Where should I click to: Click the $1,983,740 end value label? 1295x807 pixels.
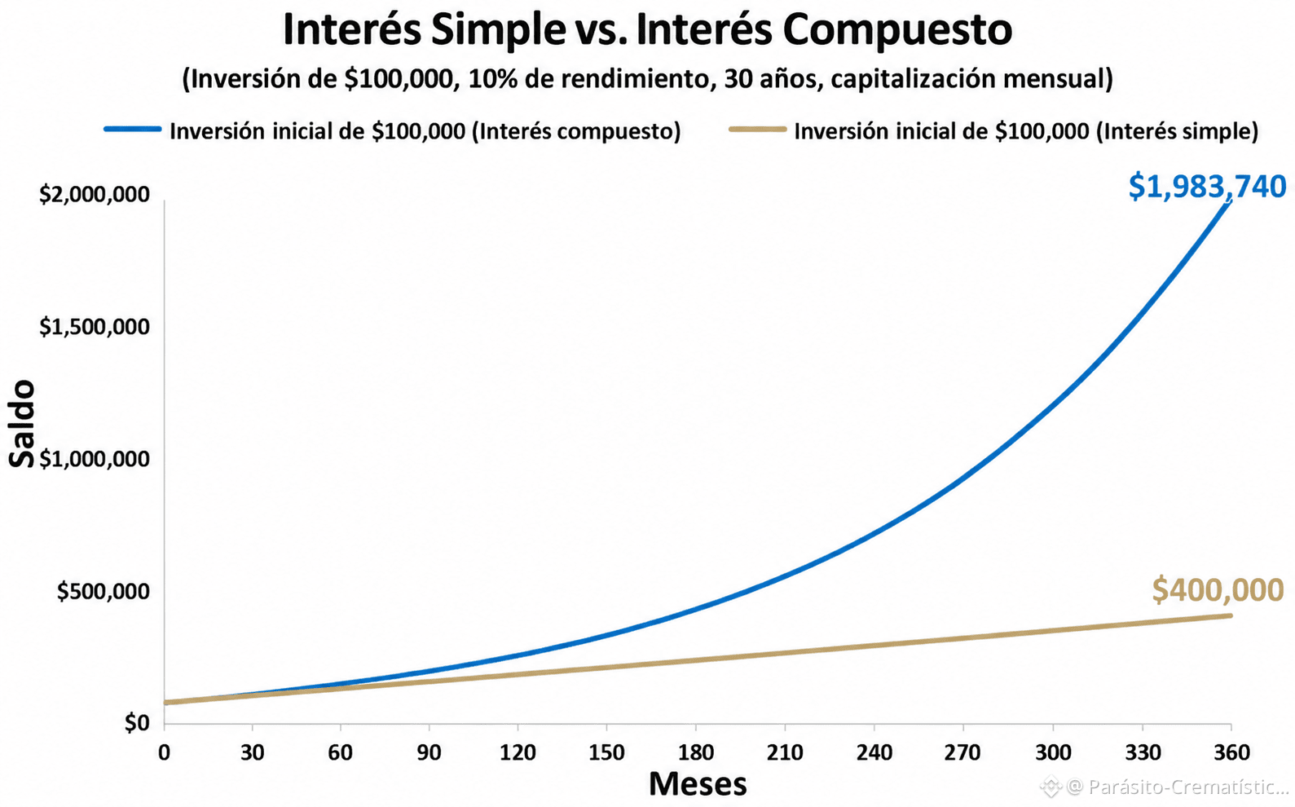tap(1207, 187)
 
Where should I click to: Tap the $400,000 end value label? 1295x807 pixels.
tap(1218, 590)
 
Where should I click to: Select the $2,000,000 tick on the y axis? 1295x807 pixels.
tap(95, 195)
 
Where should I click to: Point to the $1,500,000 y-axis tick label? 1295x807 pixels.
tap(95, 327)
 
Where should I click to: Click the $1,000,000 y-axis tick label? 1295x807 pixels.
tap(95, 460)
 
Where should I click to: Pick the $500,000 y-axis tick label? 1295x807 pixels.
tap(103, 592)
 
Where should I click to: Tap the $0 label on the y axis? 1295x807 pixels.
tap(137, 723)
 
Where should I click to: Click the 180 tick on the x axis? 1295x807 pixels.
tap(695, 752)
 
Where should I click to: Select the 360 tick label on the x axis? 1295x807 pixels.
tap(1231, 752)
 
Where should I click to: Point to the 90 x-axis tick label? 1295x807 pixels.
tap(429, 752)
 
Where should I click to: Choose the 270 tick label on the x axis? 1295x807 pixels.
tap(963, 752)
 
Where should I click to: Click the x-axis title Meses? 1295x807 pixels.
tap(698, 784)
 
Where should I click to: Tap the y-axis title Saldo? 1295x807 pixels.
tap(22, 423)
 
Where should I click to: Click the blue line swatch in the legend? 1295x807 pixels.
tap(132, 130)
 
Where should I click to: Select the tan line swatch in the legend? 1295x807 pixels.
tap(757, 130)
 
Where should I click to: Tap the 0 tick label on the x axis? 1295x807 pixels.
tap(164, 752)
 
